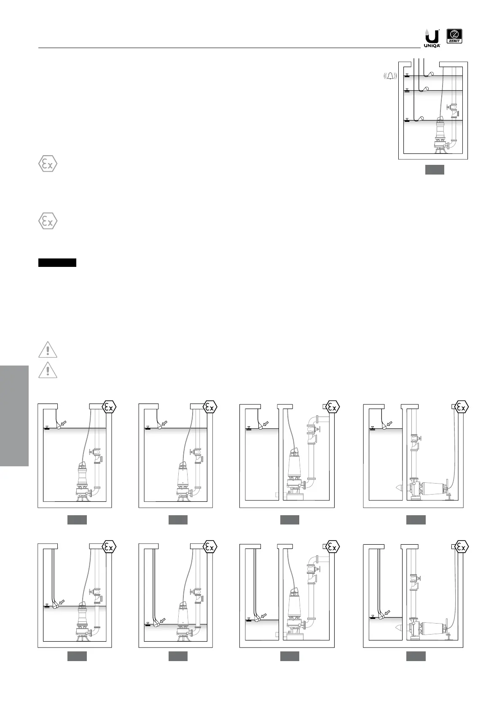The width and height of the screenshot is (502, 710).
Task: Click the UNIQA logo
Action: (x=432, y=38)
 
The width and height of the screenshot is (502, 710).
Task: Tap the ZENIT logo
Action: (x=454, y=36)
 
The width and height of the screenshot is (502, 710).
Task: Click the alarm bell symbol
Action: (x=391, y=76)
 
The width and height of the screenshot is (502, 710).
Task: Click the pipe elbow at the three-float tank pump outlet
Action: (x=453, y=143)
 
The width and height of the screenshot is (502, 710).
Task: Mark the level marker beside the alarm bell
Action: (x=407, y=75)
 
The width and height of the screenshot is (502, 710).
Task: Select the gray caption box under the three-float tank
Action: (x=434, y=170)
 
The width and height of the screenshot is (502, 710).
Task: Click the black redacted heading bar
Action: (x=57, y=263)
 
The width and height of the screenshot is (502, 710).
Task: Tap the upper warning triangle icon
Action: (x=48, y=350)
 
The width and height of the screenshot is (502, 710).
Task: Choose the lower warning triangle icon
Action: (x=48, y=370)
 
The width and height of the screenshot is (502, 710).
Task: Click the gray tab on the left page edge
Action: (x=14, y=416)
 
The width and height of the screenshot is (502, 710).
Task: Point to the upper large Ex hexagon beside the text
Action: (x=48, y=164)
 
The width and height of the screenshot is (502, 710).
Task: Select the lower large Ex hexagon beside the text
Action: (x=48, y=221)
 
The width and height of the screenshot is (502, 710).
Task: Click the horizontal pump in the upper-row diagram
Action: (x=430, y=489)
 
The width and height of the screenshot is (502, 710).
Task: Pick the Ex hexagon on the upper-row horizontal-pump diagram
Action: (x=462, y=407)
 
